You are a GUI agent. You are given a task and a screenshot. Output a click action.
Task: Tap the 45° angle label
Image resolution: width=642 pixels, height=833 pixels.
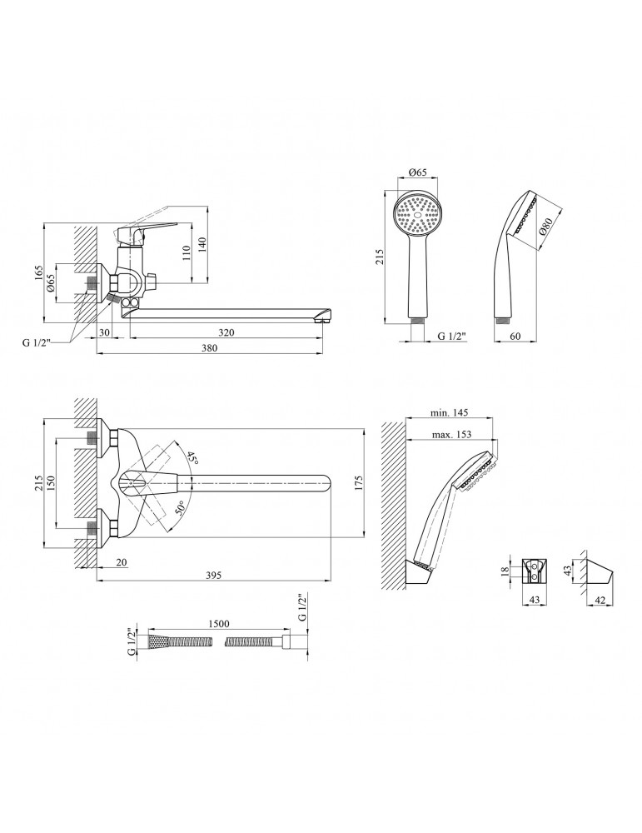tap(192, 459)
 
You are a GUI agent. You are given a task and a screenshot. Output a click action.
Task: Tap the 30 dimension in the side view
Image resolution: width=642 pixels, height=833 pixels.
tap(103, 332)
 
